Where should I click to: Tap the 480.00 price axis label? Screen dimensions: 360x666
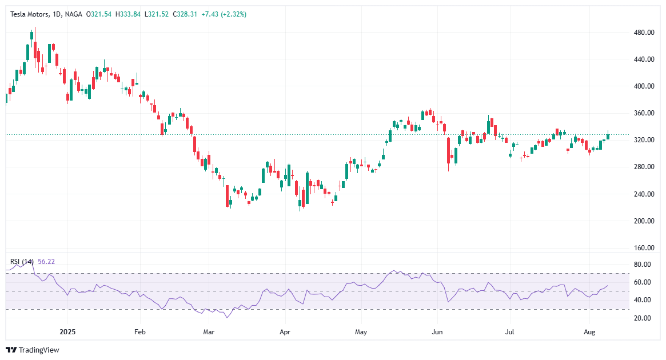click(644, 33)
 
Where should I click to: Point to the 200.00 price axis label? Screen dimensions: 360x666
click(644, 221)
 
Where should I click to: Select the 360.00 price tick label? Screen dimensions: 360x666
click(644, 113)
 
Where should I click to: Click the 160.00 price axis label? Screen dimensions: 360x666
click(644, 248)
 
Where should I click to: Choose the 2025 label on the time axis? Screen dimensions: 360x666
click(67, 331)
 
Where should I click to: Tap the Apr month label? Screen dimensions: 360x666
click(284, 331)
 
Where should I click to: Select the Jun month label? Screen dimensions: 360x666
click(437, 331)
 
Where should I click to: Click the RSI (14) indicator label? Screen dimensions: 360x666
click(22, 262)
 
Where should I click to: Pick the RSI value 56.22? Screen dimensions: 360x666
click(46, 262)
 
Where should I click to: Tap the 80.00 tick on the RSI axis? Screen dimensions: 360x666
click(643, 265)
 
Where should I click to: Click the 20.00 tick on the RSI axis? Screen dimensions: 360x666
click(643, 318)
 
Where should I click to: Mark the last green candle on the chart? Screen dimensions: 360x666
click(608, 136)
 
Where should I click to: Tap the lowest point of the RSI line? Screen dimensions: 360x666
click(228, 317)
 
